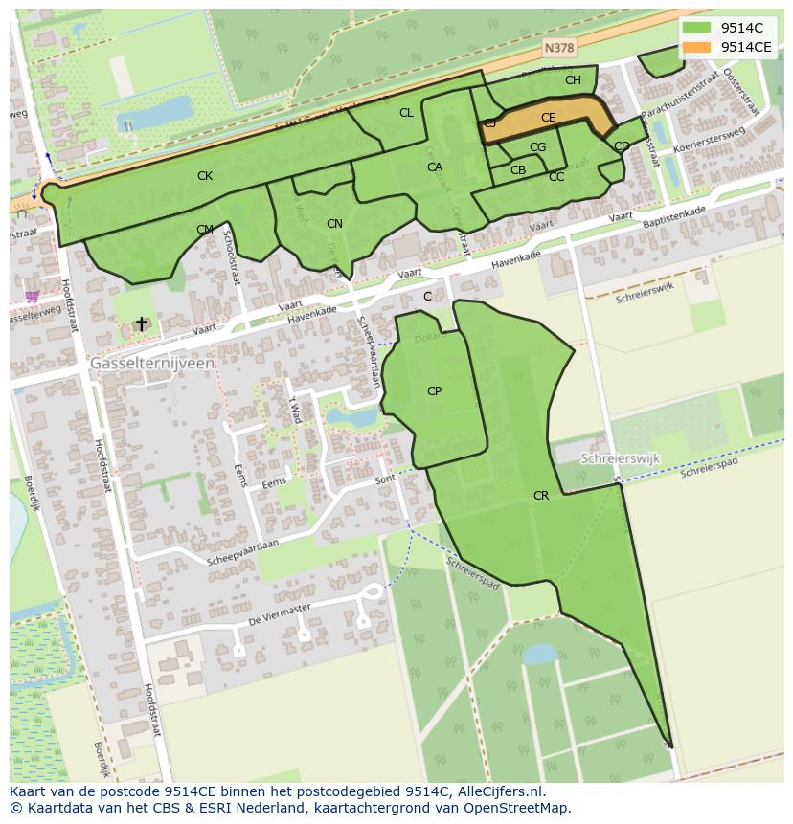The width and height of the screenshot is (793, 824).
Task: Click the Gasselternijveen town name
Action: point(152,365)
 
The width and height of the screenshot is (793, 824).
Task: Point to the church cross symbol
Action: point(141,324)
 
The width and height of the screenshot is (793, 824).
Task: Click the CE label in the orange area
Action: point(548,118)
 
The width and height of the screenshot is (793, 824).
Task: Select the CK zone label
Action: point(205,176)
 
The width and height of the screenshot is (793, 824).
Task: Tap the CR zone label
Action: point(541,496)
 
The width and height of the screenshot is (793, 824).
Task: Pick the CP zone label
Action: point(434,391)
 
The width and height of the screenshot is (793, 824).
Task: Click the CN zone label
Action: point(334,224)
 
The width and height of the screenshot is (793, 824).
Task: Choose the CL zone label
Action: point(406,113)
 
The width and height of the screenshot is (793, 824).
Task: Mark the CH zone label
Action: point(573,80)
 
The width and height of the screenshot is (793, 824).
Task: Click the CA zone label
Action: point(435,167)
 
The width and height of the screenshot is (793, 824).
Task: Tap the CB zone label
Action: point(518,170)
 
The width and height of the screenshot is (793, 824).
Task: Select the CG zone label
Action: point(537,147)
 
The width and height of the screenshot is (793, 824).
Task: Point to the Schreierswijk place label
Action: point(621,458)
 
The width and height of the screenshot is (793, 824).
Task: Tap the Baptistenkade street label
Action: point(674,216)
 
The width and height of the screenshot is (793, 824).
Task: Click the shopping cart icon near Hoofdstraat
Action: point(32,297)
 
